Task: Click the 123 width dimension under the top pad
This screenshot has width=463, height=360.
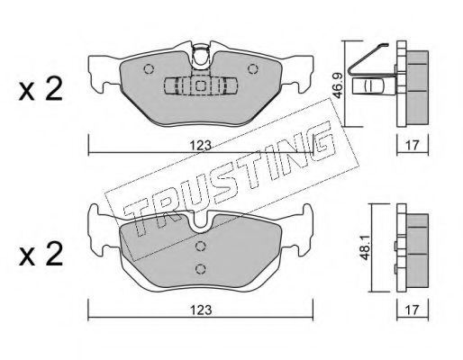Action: click(201, 146)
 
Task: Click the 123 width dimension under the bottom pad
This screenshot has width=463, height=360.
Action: click(201, 310)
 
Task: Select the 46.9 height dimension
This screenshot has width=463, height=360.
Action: click(338, 86)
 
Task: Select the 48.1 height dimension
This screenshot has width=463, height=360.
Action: click(365, 248)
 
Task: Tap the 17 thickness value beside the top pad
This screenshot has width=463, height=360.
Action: click(413, 146)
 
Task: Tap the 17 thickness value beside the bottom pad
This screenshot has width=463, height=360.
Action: click(413, 310)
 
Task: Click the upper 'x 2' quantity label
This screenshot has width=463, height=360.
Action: click(41, 89)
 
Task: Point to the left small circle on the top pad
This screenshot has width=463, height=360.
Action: click(149, 69)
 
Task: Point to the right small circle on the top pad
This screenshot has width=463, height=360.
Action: click(253, 69)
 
